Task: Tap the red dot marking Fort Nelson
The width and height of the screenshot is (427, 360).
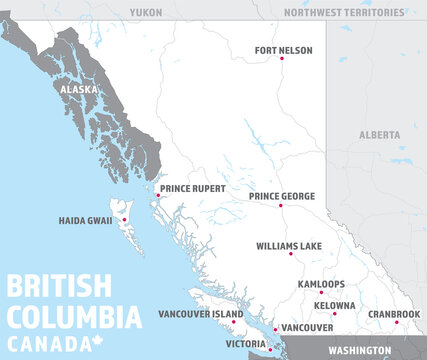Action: click(x=282, y=59)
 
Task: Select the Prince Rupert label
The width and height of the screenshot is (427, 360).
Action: click(x=193, y=188)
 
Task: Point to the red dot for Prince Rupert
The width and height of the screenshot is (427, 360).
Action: click(x=157, y=194)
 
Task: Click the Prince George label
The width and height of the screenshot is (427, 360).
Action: click(x=282, y=196)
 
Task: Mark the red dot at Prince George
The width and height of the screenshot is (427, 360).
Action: click(x=281, y=206)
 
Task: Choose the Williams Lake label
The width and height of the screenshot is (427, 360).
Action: click(x=289, y=245)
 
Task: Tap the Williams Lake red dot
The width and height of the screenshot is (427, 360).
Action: click(x=290, y=254)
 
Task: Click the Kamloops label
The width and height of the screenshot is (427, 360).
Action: click(x=321, y=284)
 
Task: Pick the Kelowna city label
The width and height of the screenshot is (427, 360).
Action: click(x=334, y=305)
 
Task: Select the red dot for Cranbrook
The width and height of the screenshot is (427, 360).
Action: click(x=397, y=322)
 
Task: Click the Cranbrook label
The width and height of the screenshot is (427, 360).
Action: click(x=393, y=313)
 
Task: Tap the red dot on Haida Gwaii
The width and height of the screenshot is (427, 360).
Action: click(x=124, y=220)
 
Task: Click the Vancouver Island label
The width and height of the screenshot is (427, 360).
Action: click(x=200, y=314)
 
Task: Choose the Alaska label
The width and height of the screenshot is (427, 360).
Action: click(x=79, y=89)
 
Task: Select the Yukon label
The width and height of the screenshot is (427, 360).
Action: click(x=145, y=12)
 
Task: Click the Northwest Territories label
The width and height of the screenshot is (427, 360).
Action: click(x=345, y=12)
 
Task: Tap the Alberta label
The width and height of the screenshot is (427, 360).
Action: click(x=379, y=133)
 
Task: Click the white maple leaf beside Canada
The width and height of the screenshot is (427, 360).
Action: click(x=99, y=343)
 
